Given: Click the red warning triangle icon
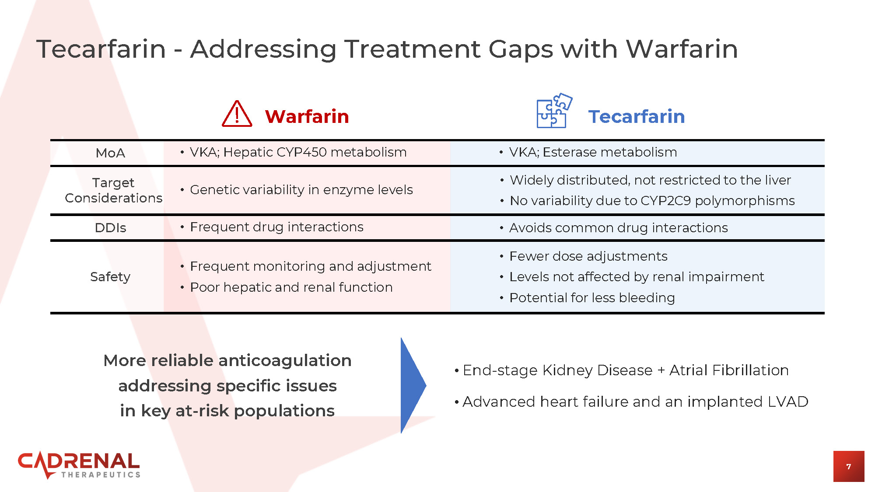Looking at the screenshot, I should click(x=237, y=114).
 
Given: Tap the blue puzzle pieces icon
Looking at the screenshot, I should click(x=554, y=111).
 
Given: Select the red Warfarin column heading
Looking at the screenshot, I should click(x=307, y=116).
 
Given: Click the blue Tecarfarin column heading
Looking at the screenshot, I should click(x=636, y=116).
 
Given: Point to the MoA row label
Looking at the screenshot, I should click(x=110, y=153).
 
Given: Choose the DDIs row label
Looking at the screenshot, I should click(x=110, y=228).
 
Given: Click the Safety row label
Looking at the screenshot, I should click(x=110, y=277).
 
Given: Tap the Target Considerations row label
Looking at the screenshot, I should click(x=113, y=190).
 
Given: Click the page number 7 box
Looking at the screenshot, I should click(x=848, y=466).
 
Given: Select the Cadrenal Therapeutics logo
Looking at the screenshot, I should click(x=79, y=465).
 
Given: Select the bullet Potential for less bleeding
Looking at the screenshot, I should click(x=592, y=298).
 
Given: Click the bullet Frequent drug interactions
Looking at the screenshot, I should click(x=276, y=227).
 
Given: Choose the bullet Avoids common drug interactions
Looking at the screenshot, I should click(x=618, y=228).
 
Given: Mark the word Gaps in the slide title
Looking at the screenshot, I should click(x=521, y=49).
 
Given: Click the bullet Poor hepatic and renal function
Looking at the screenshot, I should click(x=291, y=287).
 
